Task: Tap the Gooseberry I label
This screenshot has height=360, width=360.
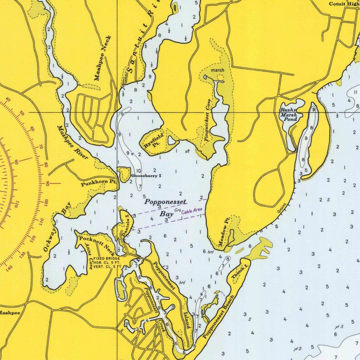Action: [146, 176]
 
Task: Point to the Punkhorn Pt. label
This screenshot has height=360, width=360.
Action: [99, 182]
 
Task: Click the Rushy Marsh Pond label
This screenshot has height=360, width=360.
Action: [288, 115]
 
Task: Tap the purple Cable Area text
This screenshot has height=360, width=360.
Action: [192, 211]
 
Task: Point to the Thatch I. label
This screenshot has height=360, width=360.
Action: [239, 270]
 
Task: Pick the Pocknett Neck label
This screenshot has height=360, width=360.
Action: [97, 243]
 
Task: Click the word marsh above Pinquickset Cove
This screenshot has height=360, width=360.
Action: [218, 70]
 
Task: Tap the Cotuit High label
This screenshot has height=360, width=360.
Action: [344, 4]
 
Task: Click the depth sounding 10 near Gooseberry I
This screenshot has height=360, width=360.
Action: [138, 171]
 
